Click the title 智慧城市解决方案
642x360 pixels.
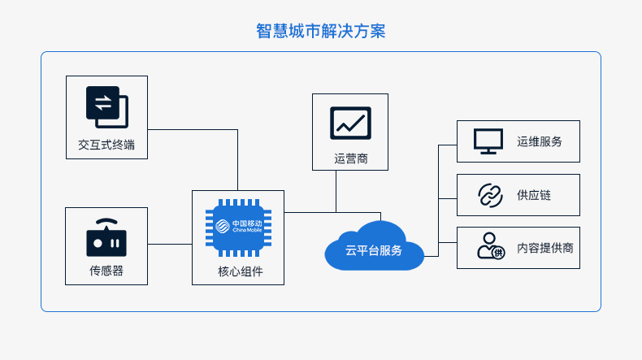(x=320, y=31)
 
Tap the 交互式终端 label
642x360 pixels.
(x=106, y=145)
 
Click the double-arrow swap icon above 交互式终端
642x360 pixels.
(x=106, y=107)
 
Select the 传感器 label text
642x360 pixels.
(x=106, y=271)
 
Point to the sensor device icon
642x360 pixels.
(x=106, y=237)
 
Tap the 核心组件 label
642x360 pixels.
(x=241, y=271)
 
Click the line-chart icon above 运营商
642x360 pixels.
(x=350, y=124)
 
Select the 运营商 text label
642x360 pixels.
(x=351, y=158)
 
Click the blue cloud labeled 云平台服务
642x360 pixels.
(x=374, y=245)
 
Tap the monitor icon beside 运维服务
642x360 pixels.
(x=488, y=141)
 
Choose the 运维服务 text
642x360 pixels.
(x=540, y=141)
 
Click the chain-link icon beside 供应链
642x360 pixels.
(x=490, y=195)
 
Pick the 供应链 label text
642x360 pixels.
(x=534, y=195)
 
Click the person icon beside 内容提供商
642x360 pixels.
(x=491, y=245)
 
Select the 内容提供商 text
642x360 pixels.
(x=545, y=248)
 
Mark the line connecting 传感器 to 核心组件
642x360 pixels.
(x=170, y=244)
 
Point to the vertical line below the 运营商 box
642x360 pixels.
(x=336, y=191)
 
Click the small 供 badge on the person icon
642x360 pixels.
(x=498, y=253)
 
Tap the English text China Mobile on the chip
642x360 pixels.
(x=247, y=230)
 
